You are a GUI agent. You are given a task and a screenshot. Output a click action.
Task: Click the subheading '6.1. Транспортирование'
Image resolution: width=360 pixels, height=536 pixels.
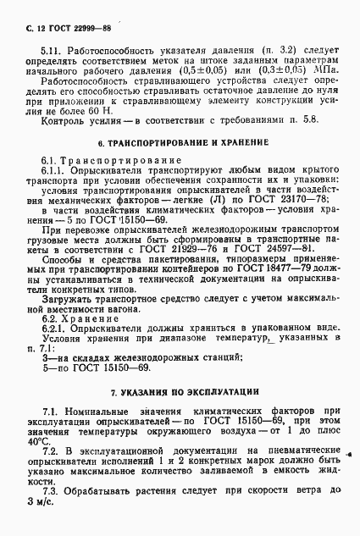(98, 161)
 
